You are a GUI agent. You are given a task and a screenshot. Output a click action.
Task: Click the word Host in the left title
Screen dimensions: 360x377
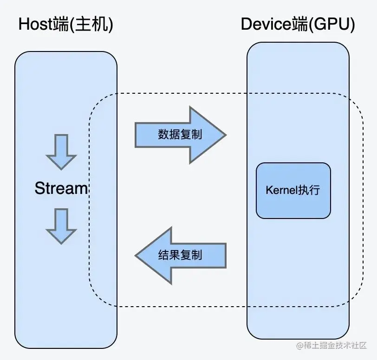[x=34, y=25]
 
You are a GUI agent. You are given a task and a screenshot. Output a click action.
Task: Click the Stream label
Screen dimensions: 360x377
[x=61, y=188]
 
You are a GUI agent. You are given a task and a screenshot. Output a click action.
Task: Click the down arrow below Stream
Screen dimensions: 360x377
[x=61, y=226]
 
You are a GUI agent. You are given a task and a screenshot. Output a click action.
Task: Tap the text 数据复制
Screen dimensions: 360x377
[x=180, y=135]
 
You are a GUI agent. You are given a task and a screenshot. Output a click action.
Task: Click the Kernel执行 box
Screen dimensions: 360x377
[x=293, y=190]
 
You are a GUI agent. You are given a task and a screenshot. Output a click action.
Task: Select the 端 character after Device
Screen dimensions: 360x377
[x=298, y=25]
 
